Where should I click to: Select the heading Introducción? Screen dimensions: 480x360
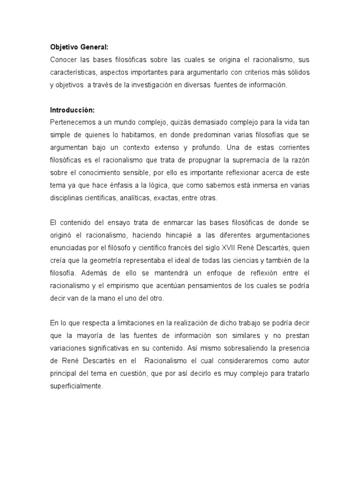click(73, 110)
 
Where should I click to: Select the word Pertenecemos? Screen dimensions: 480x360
click(73, 122)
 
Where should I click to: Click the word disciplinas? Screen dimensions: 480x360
click(67, 198)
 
